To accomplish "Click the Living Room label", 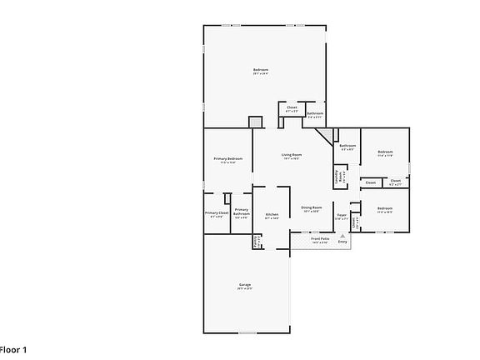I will tap(291, 155).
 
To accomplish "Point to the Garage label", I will tap(244, 285).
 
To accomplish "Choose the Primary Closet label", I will tap(217, 212).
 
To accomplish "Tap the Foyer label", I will tap(342, 214).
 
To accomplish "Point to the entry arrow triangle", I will tap(342, 236).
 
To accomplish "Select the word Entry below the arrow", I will tap(342, 242).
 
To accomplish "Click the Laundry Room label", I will tap(338, 177).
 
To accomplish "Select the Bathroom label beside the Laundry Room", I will tap(347, 147).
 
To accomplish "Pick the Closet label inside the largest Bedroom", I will tap(292, 107).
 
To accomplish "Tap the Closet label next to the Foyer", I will tap(355, 222).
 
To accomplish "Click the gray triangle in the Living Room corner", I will tap(335, 134).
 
